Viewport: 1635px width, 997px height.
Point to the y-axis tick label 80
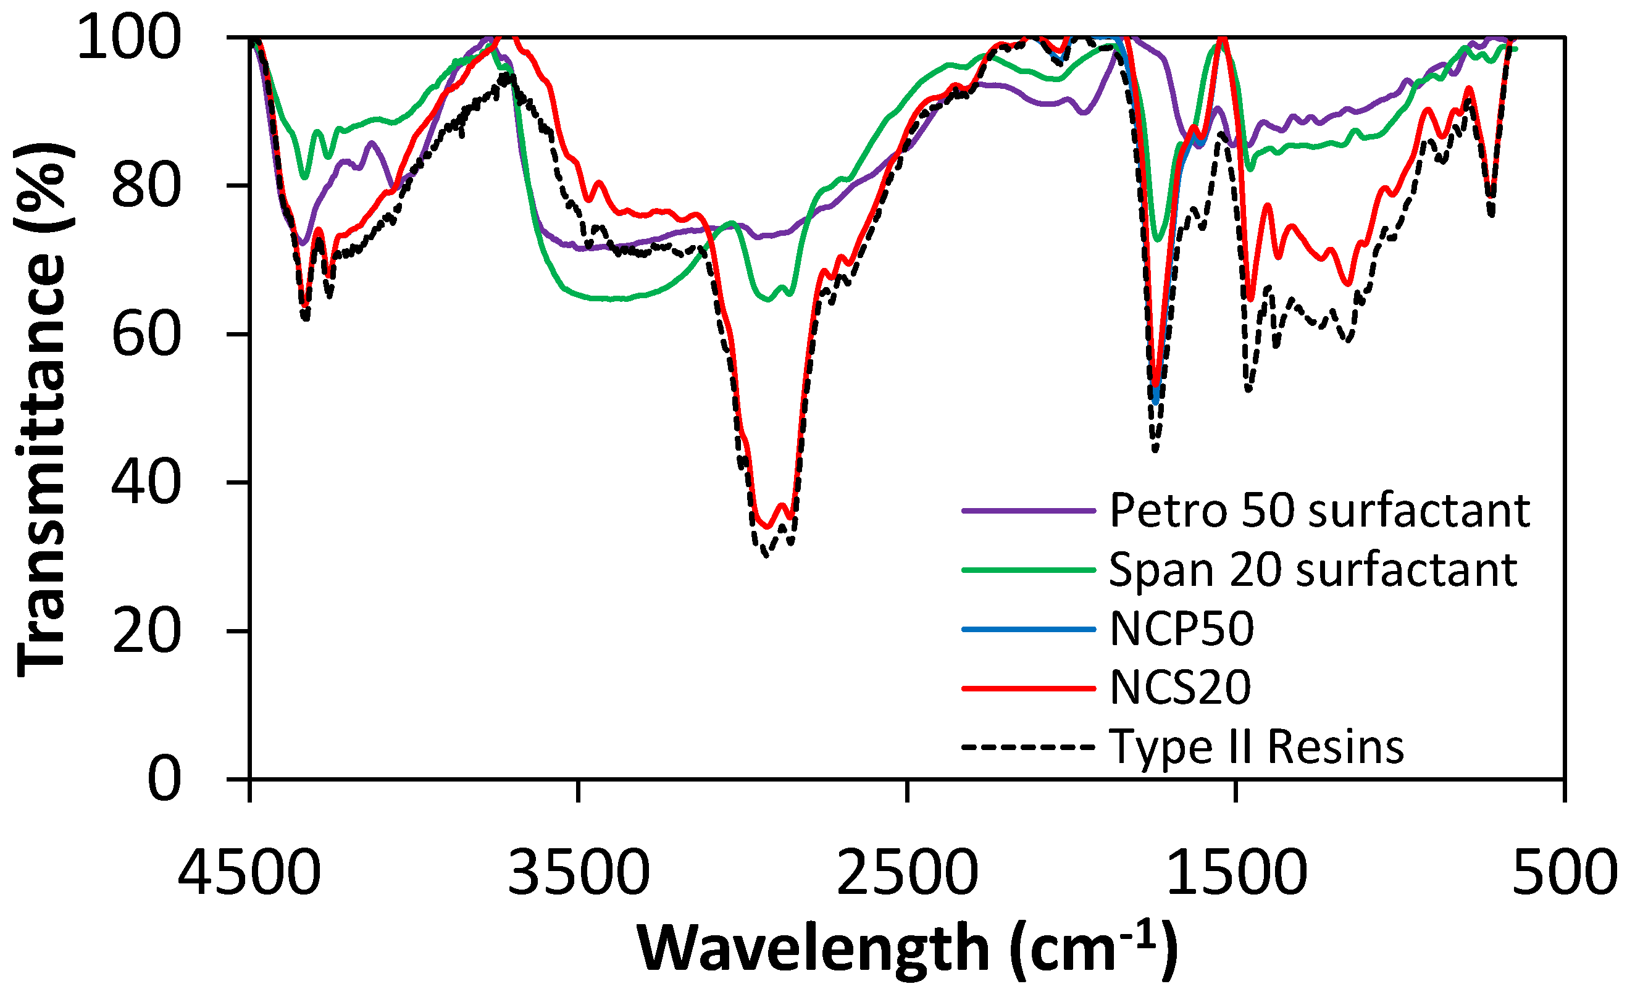click(x=145, y=186)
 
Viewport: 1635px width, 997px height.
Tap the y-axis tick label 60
click(x=145, y=335)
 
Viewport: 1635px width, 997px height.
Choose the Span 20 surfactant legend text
click(x=1313, y=570)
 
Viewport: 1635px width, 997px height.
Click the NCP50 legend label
click(x=1182, y=629)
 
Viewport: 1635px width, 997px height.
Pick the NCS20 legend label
click(x=1181, y=688)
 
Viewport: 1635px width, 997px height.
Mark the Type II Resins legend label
click(x=1257, y=747)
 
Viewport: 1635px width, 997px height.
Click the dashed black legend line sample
click(x=1028, y=748)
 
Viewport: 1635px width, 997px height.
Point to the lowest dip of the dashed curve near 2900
click(x=766, y=556)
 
